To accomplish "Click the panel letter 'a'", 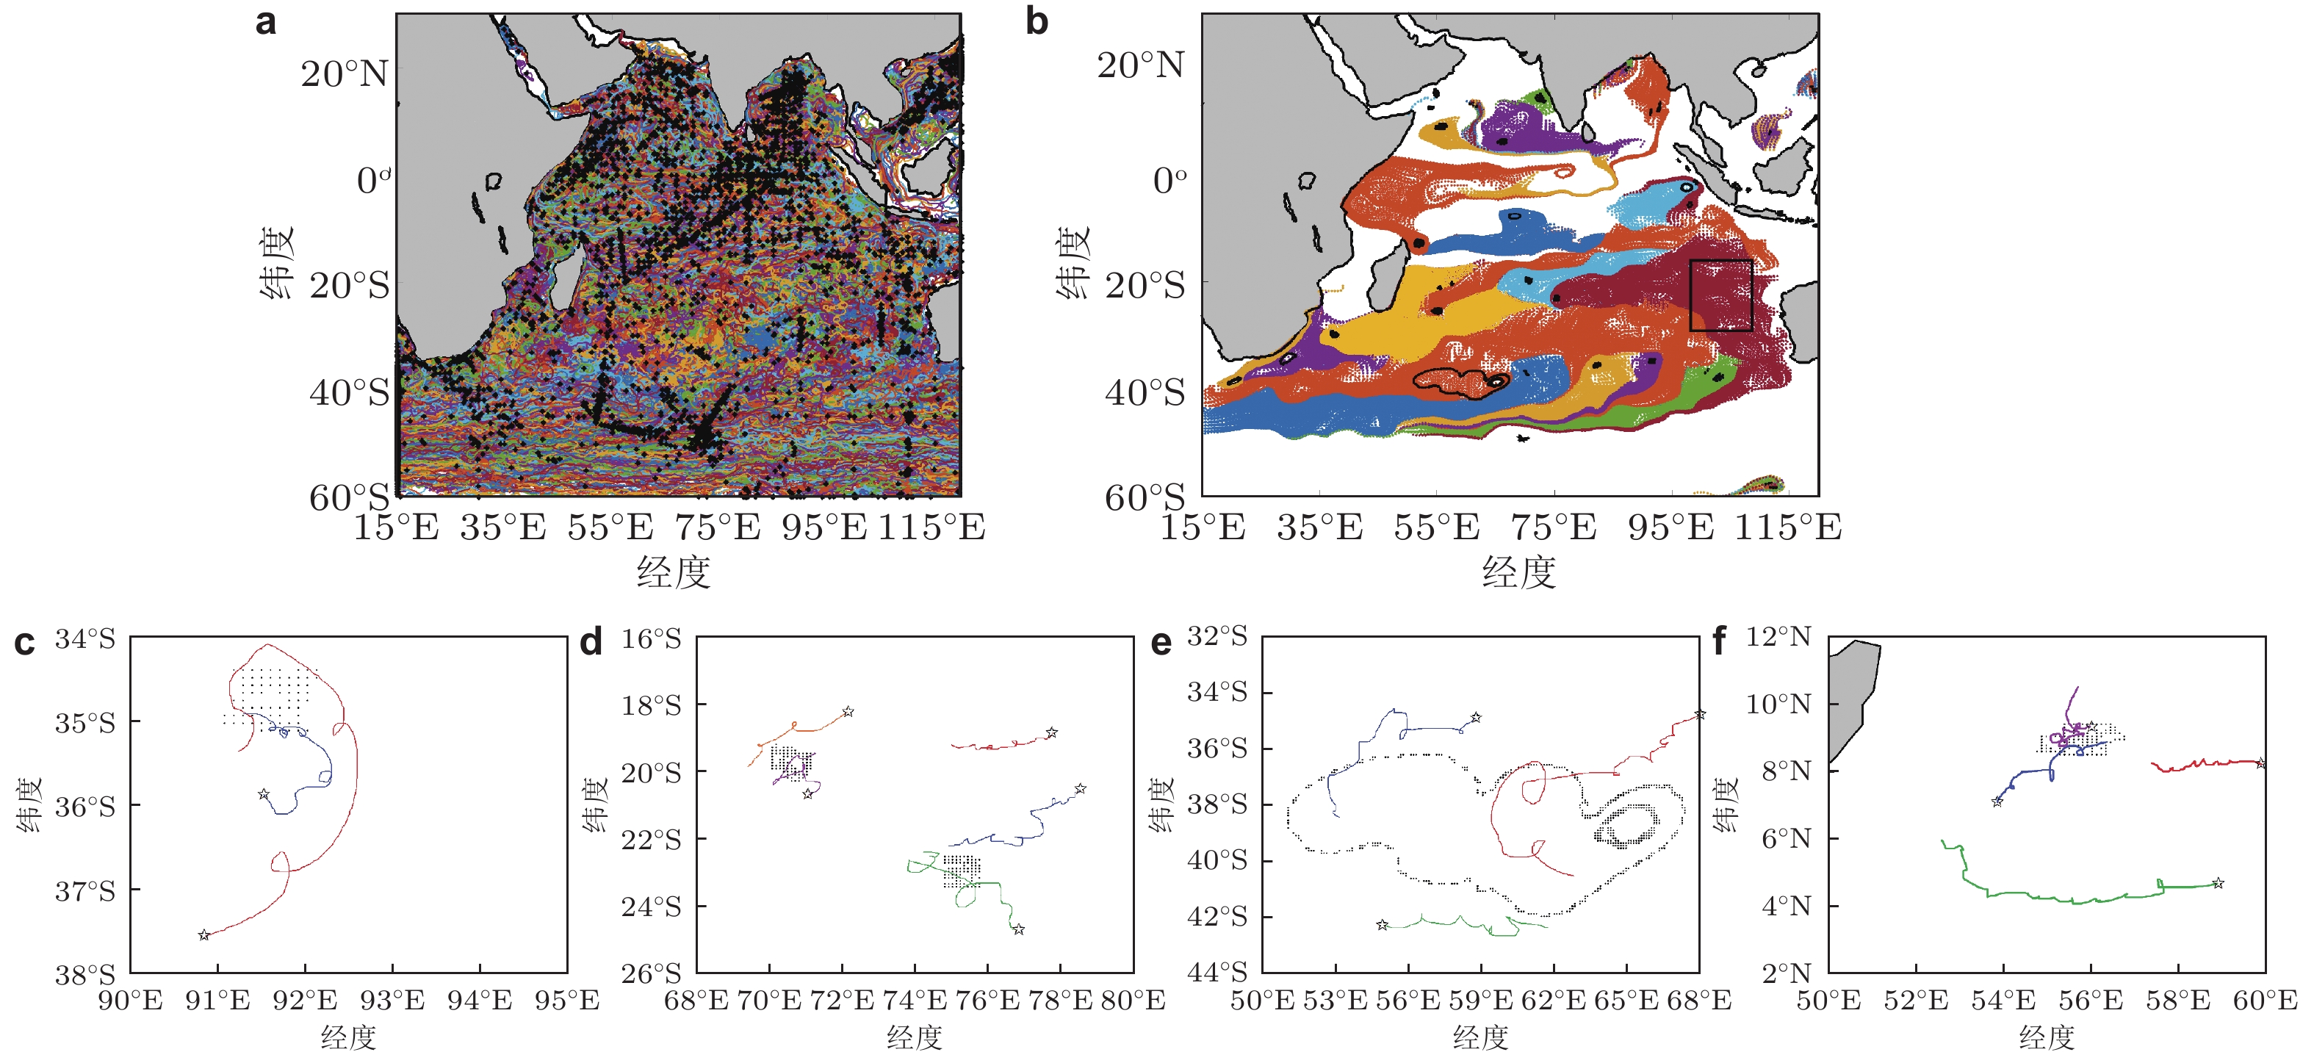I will (265, 21).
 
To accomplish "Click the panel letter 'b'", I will (1037, 21).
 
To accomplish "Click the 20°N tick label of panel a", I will (345, 73).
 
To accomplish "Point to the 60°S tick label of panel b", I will (1145, 497).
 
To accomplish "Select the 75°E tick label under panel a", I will (717, 527).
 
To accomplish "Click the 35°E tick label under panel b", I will (1319, 527).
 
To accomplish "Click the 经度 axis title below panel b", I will (1518, 572).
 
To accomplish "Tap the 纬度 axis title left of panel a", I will (277, 262).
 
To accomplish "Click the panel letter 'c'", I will (24, 644).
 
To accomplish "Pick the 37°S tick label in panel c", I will (85, 892).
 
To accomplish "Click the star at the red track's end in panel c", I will (204, 935).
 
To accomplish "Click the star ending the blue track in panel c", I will (263, 794).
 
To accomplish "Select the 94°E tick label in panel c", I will (480, 1000).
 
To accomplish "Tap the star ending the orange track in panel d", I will (847, 712).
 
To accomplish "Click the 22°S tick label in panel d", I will (652, 840).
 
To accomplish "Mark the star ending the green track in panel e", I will (1382, 924).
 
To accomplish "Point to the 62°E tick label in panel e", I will (1553, 1000).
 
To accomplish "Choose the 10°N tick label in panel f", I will (1778, 704).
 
